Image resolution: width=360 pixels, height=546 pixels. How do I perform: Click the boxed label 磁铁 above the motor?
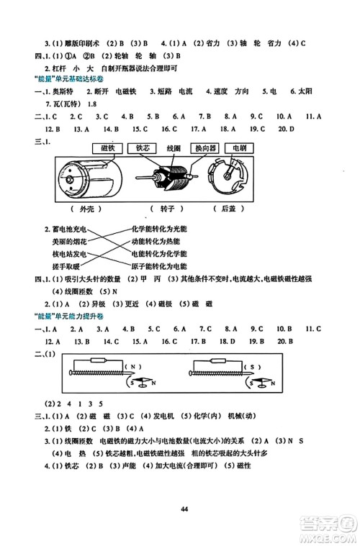coord(106,148)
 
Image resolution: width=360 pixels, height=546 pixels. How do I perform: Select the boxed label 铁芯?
coord(140,148)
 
